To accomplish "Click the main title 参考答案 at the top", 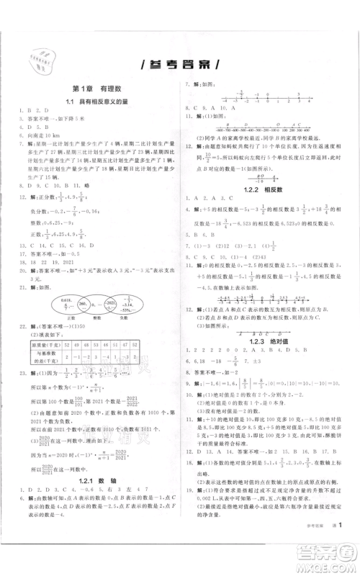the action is [179, 63].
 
